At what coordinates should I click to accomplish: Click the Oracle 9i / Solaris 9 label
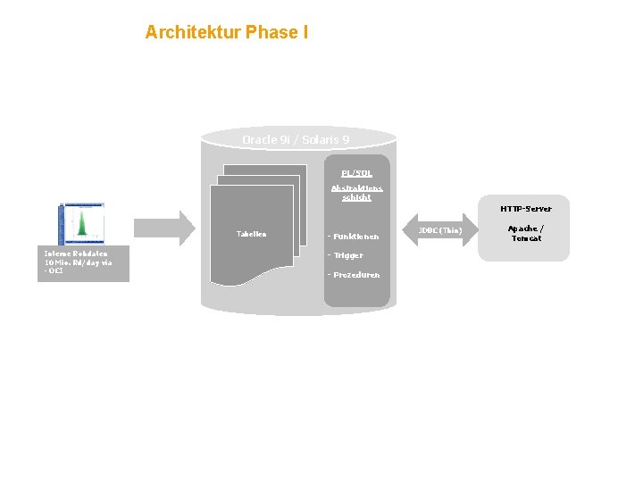click(x=296, y=140)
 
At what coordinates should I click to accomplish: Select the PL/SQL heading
click(x=356, y=172)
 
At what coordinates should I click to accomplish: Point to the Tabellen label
click(x=251, y=234)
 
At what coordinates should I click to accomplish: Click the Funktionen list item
click(x=354, y=237)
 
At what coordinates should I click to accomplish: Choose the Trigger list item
click(x=346, y=255)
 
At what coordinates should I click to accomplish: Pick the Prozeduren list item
click(x=354, y=275)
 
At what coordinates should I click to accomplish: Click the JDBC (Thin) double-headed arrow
click(x=440, y=230)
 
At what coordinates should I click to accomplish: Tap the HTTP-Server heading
click(x=526, y=209)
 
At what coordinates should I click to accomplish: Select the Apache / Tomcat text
click(x=526, y=234)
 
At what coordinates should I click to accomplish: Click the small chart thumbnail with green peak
click(x=81, y=223)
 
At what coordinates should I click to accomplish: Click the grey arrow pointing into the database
click(x=165, y=228)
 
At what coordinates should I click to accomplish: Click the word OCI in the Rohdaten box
click(x=55, y=271)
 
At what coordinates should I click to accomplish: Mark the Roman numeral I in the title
click(x=305, y=33)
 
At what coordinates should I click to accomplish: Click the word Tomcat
click(x=526, y=238)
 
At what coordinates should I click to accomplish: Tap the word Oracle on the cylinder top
click(x=259, y=140)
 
